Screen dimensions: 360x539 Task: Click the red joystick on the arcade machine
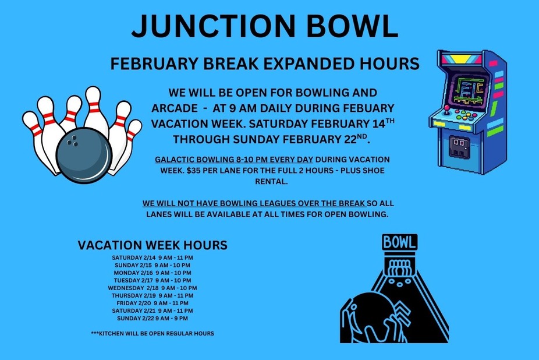447,108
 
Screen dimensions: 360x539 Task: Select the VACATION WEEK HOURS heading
153,245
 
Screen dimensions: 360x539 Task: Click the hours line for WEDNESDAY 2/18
153,288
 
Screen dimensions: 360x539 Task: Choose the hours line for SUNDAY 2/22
153,318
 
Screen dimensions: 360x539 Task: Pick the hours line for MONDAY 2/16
153,273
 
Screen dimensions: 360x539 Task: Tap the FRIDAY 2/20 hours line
153,303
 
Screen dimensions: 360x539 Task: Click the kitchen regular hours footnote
153,334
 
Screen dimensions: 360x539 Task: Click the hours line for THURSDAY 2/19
153,295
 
